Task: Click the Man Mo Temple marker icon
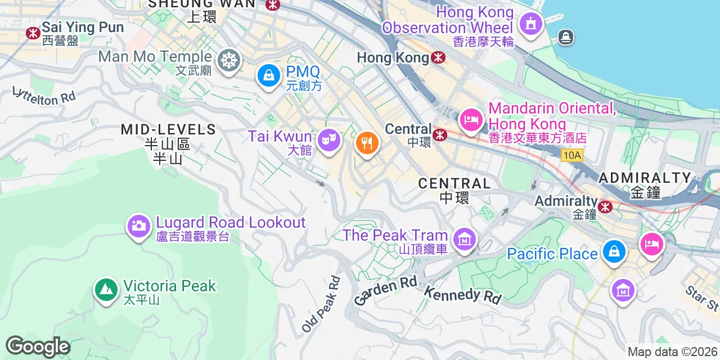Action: point(229,60)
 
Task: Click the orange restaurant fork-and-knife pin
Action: point(367,142)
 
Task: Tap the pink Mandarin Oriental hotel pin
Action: point(471,119)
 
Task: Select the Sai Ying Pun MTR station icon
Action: point(33,33)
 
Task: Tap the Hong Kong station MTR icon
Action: point(438,57)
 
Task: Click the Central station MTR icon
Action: point(440,134)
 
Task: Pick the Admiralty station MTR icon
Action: point(605,206)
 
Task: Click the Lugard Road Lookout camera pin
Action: point(138,226)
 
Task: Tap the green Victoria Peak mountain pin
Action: point(106,290)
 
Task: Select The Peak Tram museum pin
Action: point(465,240)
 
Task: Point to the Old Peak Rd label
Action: point(321,304)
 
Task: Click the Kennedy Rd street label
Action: point(462,294)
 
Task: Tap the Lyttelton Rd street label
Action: point(44,96)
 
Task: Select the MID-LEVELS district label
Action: point(168,129)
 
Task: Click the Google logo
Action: point(38,346)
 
